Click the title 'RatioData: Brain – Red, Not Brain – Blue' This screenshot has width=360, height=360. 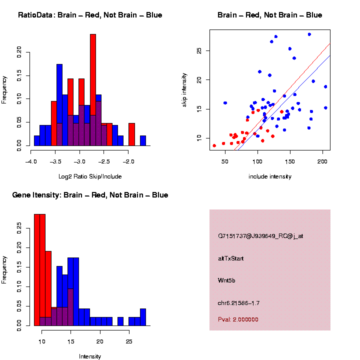pos(90,15)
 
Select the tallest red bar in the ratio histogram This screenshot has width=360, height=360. pos(93,90)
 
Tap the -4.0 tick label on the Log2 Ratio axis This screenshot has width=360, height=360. pos(31,161)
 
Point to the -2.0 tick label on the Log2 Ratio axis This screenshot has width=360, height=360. pos(129,161)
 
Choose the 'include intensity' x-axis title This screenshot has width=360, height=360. pos(270,176)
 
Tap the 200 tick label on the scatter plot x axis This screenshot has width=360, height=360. pos(322,161)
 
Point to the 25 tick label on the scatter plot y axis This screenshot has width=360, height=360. pos(198,51)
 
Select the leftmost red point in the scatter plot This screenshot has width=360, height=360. pos(214,145)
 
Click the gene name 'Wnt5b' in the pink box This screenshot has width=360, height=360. pos(226,280)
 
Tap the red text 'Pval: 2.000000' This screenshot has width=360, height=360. pos(238,319)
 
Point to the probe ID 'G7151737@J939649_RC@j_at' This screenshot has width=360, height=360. pos(260,236)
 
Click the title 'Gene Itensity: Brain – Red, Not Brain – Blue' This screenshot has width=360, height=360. pos(90,195)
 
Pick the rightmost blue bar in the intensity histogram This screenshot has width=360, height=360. pos(143,317)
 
